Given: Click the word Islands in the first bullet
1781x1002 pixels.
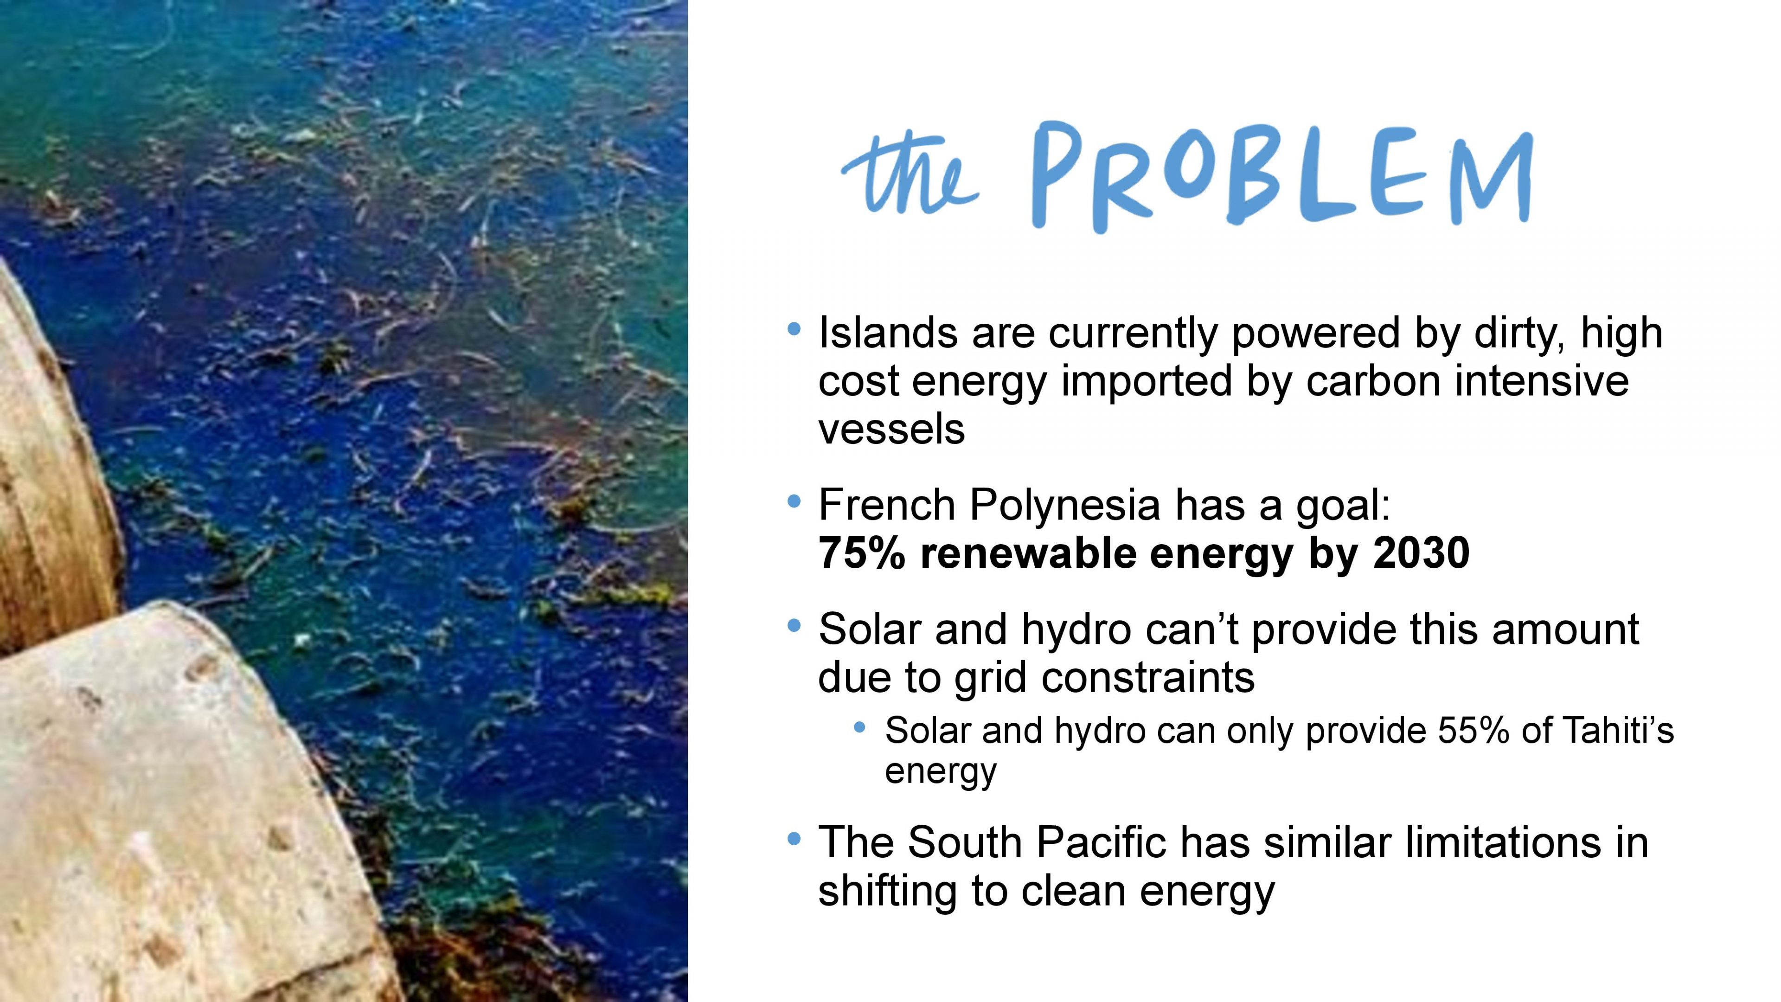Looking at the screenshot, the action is click(x=888, y=333).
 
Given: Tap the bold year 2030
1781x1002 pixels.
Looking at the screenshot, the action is click(x=1422, y=553).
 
